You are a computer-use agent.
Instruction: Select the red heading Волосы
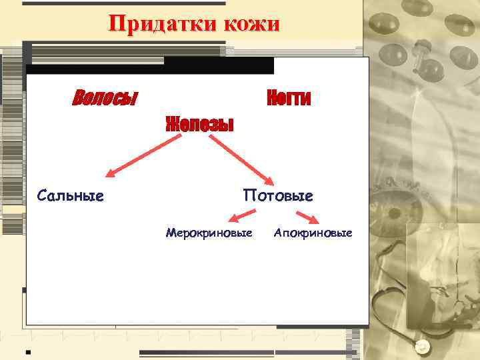[104, 98]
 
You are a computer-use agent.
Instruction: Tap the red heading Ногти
[289, 98]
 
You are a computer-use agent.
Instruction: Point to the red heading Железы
[200, 124]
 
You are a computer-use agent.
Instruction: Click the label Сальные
[71, 195]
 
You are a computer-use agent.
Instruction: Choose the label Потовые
[278, 195]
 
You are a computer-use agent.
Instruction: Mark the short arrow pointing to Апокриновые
[307, 218]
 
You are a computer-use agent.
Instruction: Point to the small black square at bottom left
[28, 350]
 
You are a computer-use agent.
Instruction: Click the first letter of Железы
[171, 124]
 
